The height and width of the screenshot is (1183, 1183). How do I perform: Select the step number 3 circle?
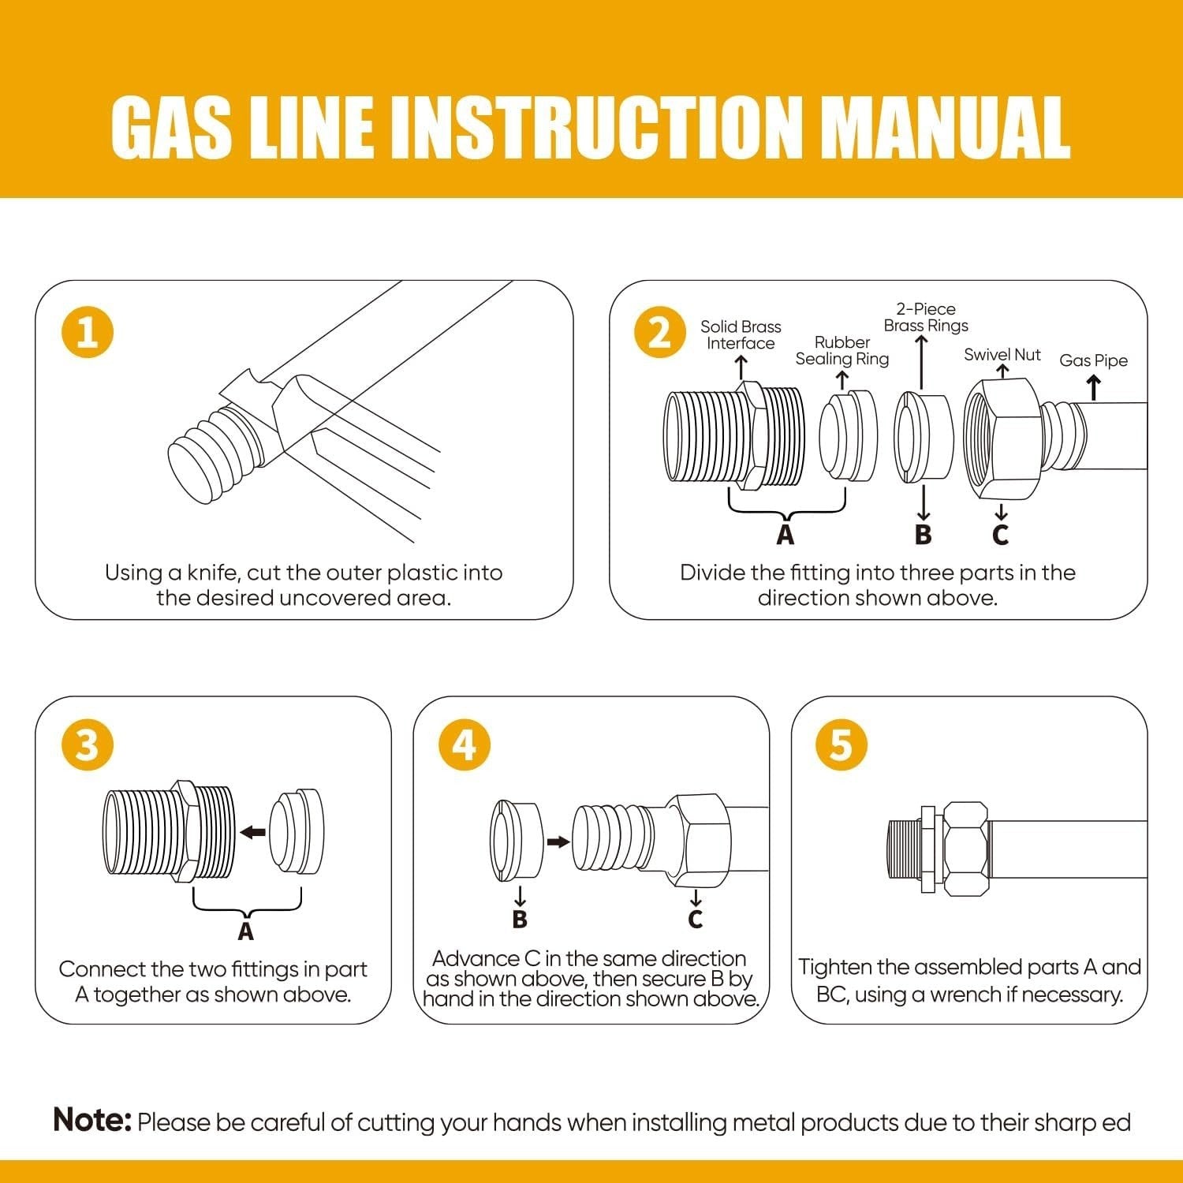tap(88, 745)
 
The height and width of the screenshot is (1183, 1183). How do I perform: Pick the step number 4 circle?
tap(465, 745)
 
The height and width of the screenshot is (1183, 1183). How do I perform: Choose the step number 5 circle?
tap(842, 745)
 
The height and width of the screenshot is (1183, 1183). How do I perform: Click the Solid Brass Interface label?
tap(741, 335)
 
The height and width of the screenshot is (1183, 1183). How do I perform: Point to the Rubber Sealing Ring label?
tap(842, 351)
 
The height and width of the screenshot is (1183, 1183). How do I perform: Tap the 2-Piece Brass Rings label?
tap(925, 317)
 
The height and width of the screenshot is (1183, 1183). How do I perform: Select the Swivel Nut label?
tap(1002, 355)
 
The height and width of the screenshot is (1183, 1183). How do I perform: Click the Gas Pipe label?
tap(1093, 360)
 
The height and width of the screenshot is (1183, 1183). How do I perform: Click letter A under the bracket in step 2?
tap(785, 535)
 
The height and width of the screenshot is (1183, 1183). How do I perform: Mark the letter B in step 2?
tap(923, 535)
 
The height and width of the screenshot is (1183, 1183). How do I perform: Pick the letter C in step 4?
tap(695, 919)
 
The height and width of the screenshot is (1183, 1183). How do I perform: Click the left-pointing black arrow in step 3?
tap(253, 832)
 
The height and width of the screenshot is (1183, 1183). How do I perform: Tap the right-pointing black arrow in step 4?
tap(558, 842)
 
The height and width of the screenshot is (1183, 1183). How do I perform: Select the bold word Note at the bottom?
tap(91, 1120)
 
